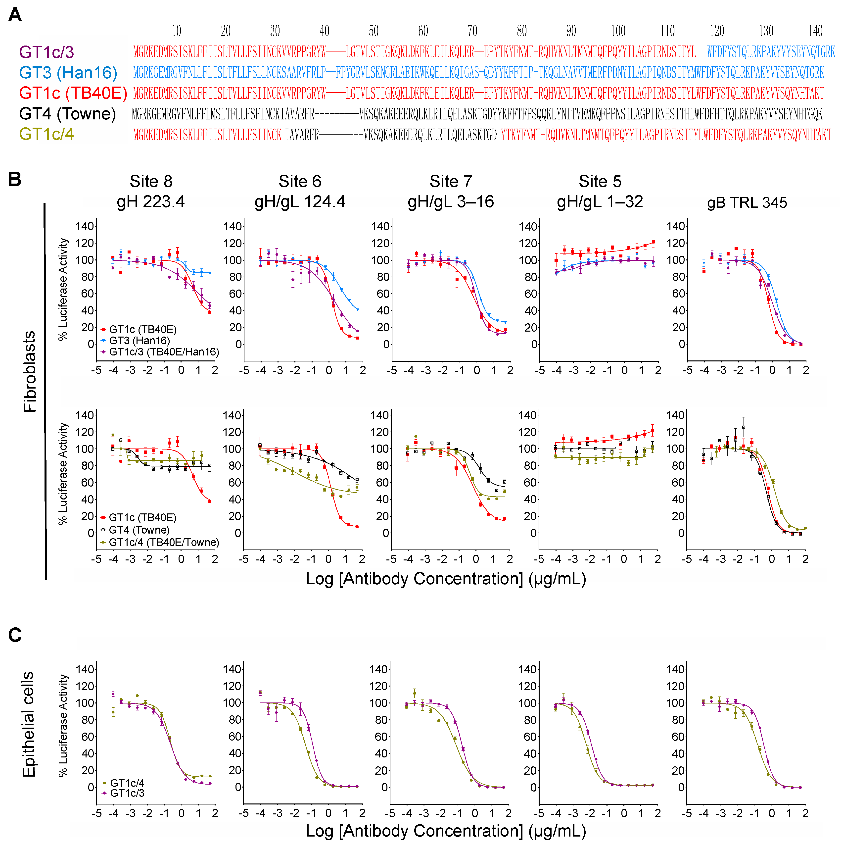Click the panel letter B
[x=15, y=179]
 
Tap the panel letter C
[x=15, y=635]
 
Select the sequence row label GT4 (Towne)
[x=67, y=114]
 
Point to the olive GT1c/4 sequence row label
[x=47, y=134]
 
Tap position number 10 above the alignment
[x=176, y=31]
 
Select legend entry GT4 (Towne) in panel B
[x=139, y=530]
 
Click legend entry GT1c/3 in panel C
[x=127, y=793]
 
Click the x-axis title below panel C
[x=446, y=831]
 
